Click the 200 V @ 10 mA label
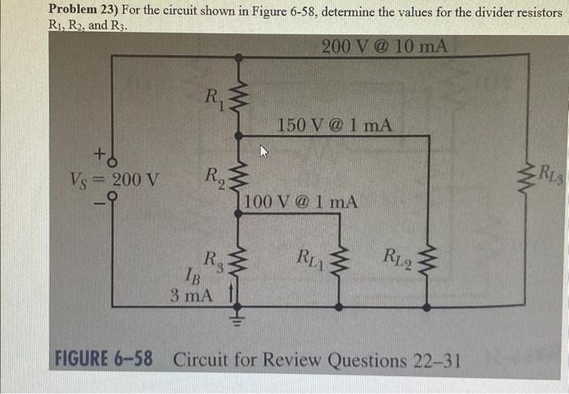pos(384,46)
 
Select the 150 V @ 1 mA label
pos(335,125)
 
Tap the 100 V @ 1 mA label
pos(300,202)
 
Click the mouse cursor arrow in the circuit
pos(263,151)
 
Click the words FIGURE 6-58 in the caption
pos(103,359)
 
